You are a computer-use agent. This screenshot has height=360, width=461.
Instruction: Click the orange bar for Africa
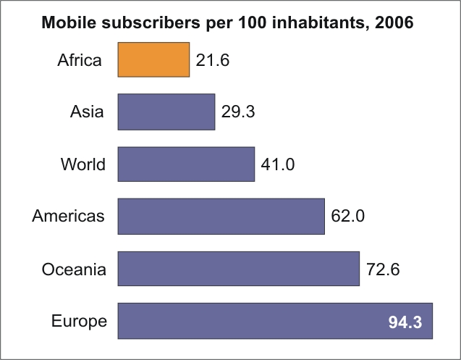point(153,59)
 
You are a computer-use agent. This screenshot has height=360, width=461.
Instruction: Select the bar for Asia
point(166,112)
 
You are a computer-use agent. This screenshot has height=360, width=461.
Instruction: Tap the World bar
point(186,164)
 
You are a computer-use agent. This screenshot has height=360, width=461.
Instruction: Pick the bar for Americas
point(221,216)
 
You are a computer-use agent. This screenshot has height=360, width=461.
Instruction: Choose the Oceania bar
point(238,269)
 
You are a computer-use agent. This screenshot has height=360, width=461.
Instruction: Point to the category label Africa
point(80,60)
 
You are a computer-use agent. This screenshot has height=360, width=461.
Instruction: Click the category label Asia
point(87,112)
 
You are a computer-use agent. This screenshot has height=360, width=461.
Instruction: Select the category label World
point(83,164)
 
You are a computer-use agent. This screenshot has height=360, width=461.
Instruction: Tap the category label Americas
point(69,216)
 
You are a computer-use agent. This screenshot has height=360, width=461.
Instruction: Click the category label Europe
point(80,321)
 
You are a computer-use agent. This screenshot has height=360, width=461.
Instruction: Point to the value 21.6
point(212,60)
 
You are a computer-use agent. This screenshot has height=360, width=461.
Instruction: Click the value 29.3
point(238,112)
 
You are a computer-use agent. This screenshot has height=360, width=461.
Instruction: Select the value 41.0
point(278,164)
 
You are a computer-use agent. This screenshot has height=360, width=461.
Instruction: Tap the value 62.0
point(347,217)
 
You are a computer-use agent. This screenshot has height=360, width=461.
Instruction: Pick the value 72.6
point(383,269)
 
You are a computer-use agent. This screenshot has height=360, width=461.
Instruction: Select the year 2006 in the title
point(394,22)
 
